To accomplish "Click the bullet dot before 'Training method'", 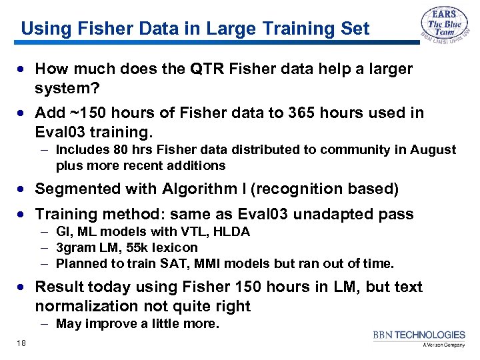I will pyautogui.click(x=24, y=215).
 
